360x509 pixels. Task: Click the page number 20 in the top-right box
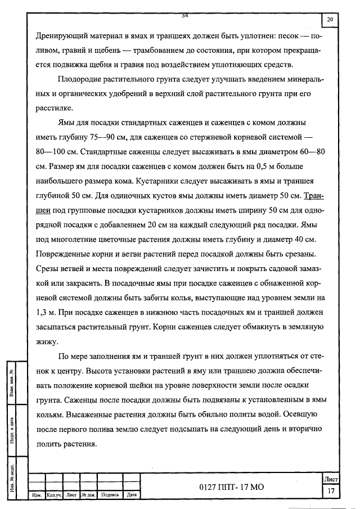click(x=330, y=20)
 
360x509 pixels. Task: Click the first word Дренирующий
click(x=60, y=34)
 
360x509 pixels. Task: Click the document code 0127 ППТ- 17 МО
click(x=231, y=487)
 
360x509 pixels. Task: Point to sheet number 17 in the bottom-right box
click(x=330, y=491)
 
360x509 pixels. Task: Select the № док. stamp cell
click(x=89, y=495)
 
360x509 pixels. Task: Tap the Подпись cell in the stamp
click(x=110, y=495)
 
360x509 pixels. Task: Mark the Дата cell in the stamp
click(x=132, y=495)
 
